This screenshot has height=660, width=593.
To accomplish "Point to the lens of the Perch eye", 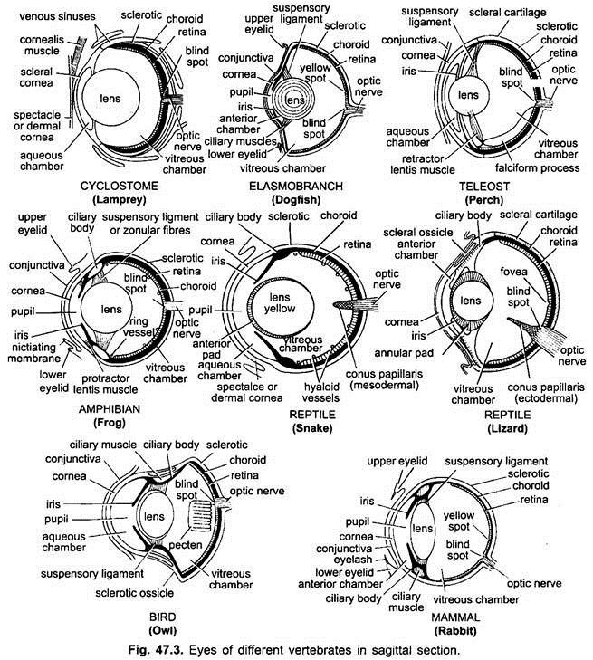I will coord(467,94).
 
